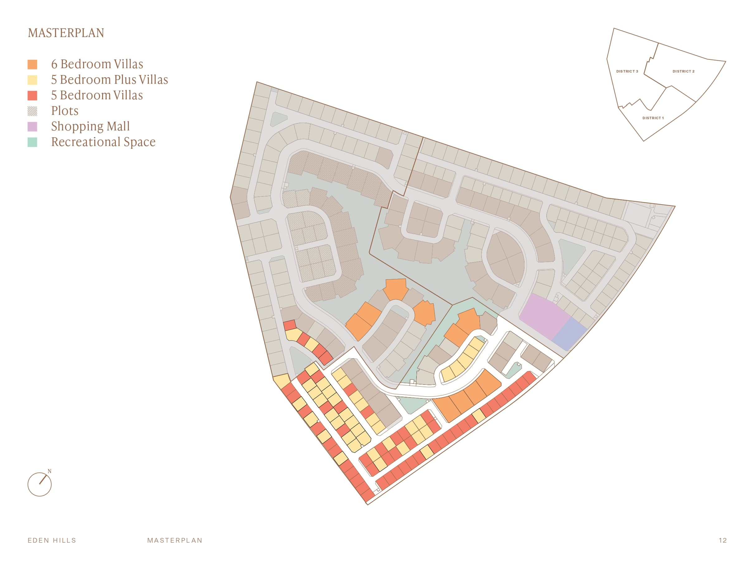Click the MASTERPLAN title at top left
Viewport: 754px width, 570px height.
[66, 33]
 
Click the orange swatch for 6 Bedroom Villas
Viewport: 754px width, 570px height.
[32, 64]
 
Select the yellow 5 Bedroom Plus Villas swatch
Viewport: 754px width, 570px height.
[32, 80]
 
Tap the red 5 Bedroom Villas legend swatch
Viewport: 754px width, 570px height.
[32, 96]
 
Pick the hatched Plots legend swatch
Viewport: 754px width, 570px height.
[32, 111]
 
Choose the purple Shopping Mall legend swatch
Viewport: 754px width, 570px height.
[32, 127]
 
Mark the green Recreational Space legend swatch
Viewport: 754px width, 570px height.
[32, 142]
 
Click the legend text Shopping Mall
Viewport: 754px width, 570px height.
[90, 126]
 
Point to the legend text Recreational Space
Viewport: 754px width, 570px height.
[103, 142]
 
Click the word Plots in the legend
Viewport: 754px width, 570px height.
[65, 111]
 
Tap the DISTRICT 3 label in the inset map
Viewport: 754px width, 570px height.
[627, 71]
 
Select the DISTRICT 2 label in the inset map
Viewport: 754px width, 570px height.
[683, 71]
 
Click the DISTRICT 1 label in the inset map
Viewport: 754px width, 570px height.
[653, 118]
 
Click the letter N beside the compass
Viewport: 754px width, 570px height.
[49, 471]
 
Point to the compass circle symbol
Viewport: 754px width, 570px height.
[40, 484]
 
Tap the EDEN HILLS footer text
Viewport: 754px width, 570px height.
[52, 540]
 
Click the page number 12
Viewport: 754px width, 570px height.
[723, 540]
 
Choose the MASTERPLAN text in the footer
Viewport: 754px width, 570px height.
[175, 540]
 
